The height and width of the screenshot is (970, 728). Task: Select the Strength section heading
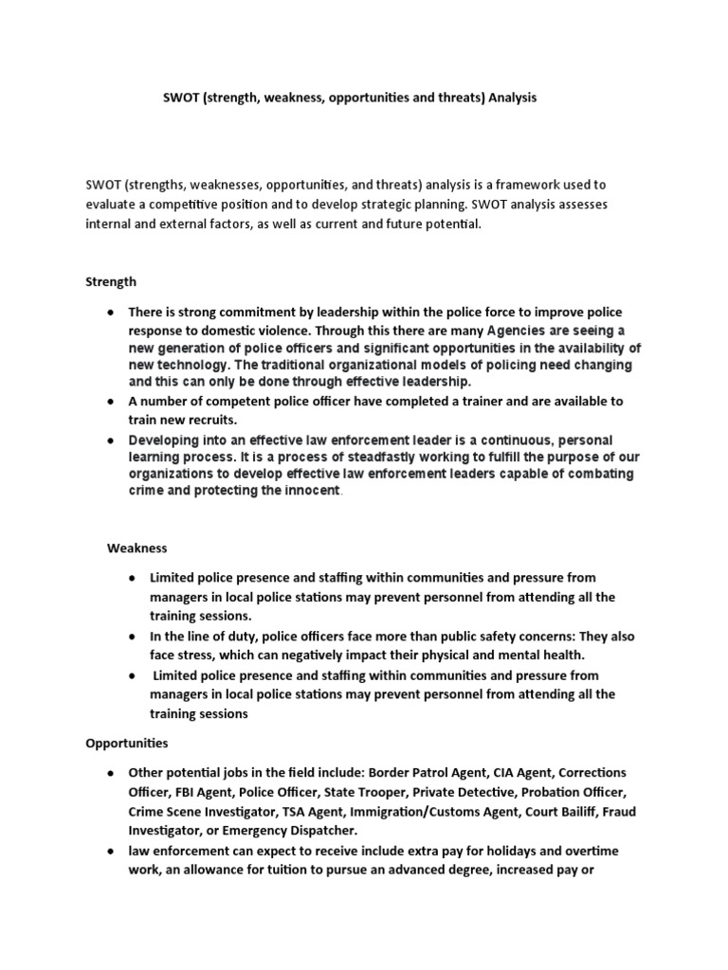click(111, 281)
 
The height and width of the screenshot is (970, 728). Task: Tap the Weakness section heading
click(137, 548)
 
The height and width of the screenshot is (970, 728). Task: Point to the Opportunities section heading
click(126, 745)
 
